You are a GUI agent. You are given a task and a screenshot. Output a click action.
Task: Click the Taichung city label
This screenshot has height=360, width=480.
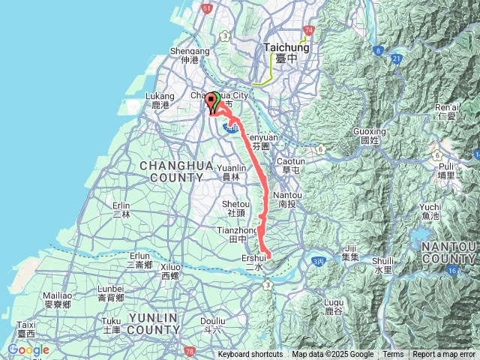coord(282,51)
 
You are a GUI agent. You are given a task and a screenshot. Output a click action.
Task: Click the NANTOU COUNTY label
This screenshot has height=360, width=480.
coord(448,253)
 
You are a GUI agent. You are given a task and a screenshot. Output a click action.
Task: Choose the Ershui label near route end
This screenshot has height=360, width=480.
coord(254,262)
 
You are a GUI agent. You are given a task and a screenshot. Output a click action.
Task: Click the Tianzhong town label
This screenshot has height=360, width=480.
coord(232,233)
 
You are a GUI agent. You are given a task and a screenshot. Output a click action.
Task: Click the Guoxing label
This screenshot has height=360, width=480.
coord(368,136)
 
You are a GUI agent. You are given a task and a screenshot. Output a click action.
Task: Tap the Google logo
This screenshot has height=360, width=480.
coord(28,349)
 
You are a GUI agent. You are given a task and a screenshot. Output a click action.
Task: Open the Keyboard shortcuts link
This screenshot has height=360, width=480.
coord(250,355)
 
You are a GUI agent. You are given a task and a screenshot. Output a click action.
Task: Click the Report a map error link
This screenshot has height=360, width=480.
coord(444,355)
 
